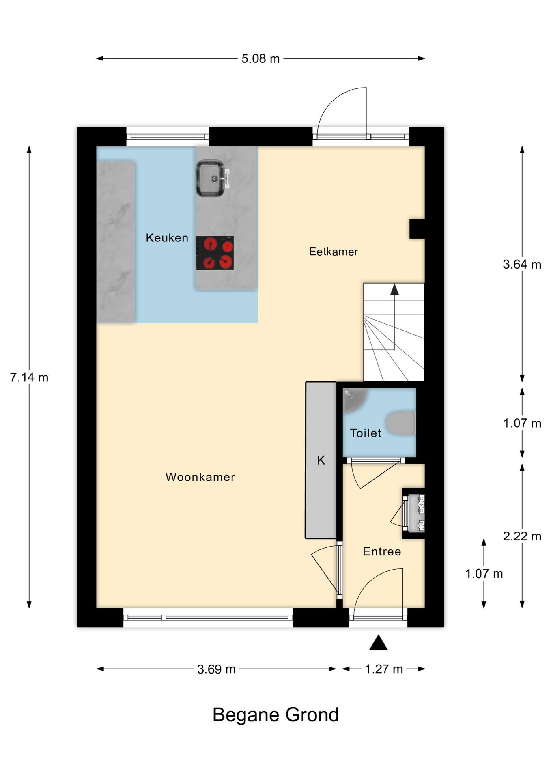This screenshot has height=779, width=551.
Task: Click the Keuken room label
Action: [167, 238]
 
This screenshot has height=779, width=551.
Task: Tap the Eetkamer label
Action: [333, 252]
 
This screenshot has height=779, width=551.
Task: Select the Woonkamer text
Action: [200, 477]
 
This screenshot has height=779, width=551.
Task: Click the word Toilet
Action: [365, 433]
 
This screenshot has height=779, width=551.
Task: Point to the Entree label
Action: [382, 551]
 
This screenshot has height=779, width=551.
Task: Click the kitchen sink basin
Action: [210, 179]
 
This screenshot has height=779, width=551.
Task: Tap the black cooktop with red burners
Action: [215, 253]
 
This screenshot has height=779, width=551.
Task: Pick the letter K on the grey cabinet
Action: [321, 460]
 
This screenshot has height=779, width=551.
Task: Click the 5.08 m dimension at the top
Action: [260, 59]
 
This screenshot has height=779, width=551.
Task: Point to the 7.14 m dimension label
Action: [29, 377]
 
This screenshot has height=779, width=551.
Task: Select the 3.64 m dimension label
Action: [522, 265]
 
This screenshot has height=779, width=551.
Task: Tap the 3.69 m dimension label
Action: [216, 669]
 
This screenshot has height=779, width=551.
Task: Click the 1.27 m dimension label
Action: [384, 669]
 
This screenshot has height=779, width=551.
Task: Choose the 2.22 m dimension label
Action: [522, 536]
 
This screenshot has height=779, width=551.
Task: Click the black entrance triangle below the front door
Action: [378, 643]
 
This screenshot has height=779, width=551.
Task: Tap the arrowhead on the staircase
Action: [394, 289]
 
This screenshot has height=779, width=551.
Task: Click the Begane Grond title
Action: [275, 715]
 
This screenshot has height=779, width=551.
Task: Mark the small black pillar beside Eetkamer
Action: [417, 229]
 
